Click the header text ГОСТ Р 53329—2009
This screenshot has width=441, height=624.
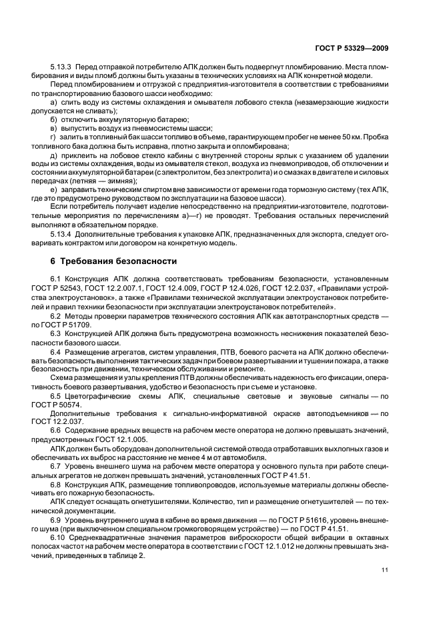pos(351,48)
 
